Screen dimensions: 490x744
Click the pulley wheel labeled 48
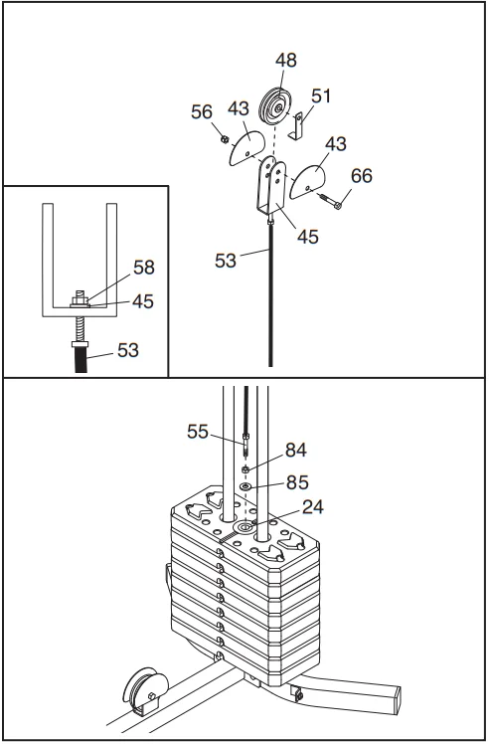pyautogui.click(x=274, y=106)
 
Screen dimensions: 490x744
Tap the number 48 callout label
pyautogui.click(x=286, y=61)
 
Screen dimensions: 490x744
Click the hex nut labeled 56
pyautogui.click(x=225, y=139)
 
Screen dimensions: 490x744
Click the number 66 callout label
pyautogui.click(x=362, y=176)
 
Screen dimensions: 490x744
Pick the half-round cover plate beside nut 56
pyautogui.click(x=246, y=148)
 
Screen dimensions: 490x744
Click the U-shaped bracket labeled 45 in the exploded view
pyautogui.click(x=271, y=186)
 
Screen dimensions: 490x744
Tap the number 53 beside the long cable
pyautogui.click(x=226, y=261)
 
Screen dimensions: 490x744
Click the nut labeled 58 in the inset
pyautogui.click(x=81, y=299)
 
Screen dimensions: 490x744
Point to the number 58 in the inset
pyautogui.click(x=144, y=268)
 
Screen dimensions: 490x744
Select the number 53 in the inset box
pyautogui.click(x=128, y=350)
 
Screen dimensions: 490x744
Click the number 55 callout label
pyautogui.click(x=198, y=432)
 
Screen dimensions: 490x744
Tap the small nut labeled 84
pyautogui.click(x=245, y=469)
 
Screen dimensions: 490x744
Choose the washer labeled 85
pyautogui.click(x=245, y=485)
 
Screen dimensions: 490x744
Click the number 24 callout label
pyautogui.click(x=313, y=507)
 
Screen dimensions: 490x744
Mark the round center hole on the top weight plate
pyautogui.click(x=245, y=527)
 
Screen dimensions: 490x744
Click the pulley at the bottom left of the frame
pyautogui.click(x=145, y=689)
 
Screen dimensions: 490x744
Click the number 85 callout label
pyautogui.click(x=297, y=482)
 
